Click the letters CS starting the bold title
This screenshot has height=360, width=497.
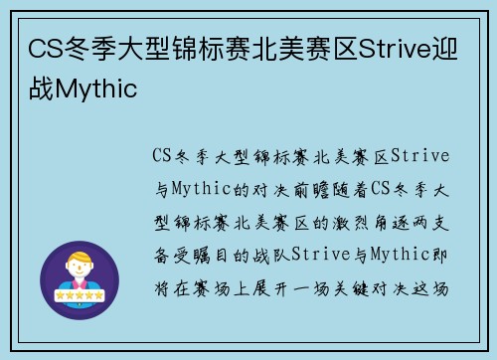[42, 50]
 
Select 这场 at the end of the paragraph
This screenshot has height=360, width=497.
[434, 288]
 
